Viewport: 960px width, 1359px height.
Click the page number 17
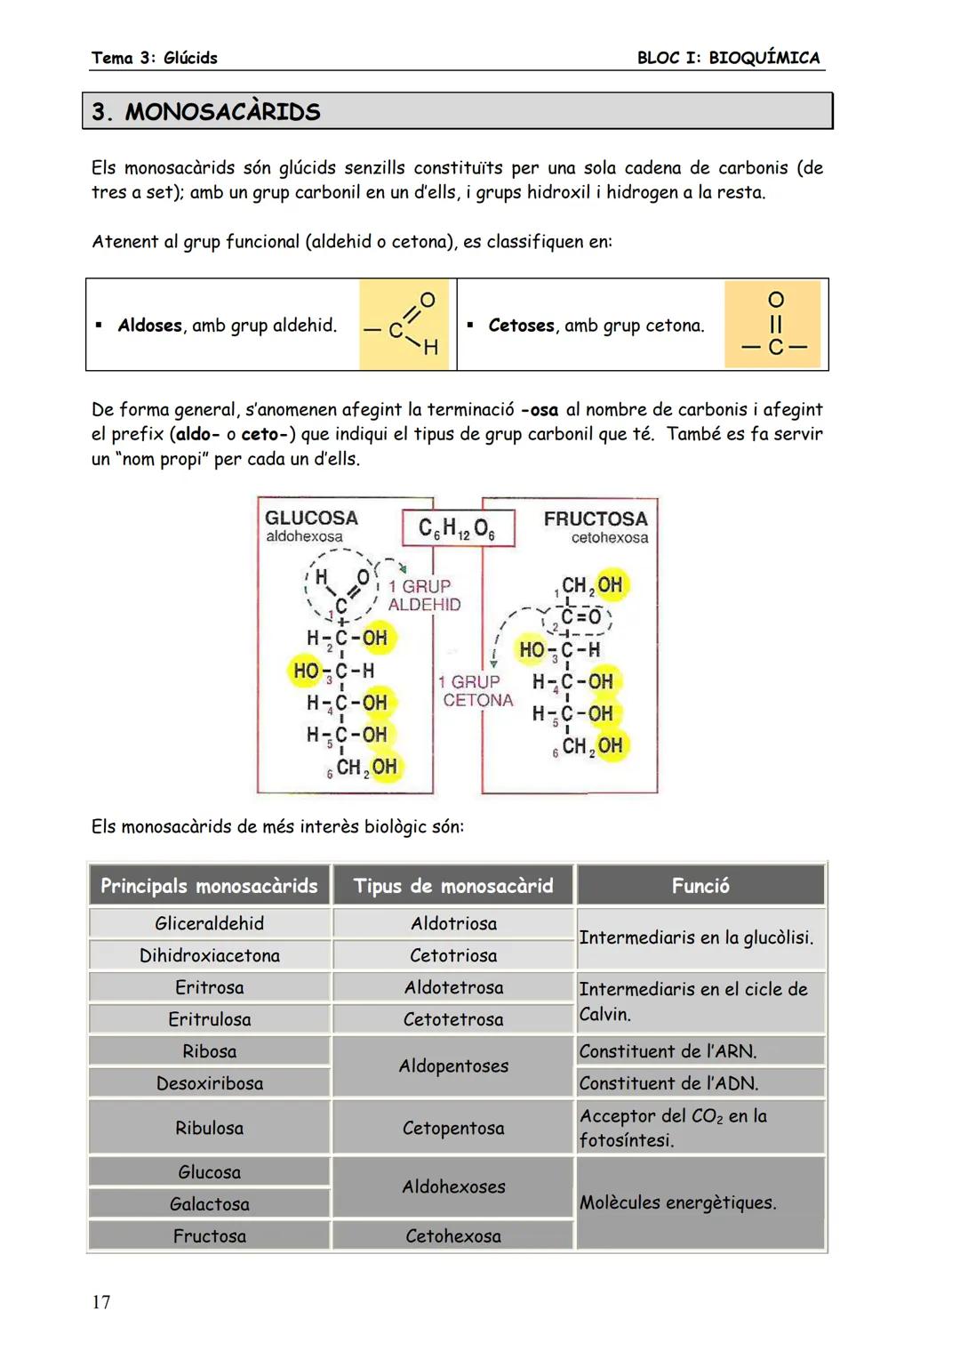101,1302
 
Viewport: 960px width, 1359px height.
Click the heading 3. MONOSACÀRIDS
206,112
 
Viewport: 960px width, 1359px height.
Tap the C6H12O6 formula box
458,528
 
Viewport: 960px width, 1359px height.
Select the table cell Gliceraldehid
210,923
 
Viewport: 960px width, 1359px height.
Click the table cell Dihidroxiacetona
210,955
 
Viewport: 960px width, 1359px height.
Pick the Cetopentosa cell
453,1128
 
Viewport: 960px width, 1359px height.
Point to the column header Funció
700,886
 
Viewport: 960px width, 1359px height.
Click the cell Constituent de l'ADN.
668,1083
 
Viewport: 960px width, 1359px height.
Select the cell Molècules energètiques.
678,1202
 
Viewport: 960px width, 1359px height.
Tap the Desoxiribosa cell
210,1083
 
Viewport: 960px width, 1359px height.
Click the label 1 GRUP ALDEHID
424,595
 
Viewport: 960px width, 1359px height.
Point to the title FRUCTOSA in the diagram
596,519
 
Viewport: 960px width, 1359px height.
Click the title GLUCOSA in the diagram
311,518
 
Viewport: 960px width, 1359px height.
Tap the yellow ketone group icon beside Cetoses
775,325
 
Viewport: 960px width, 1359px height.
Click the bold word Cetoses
521,326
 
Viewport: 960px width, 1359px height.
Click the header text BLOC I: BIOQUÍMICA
728,58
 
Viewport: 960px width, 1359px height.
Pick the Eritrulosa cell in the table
210,1019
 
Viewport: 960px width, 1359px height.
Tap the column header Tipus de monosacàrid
453,886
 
